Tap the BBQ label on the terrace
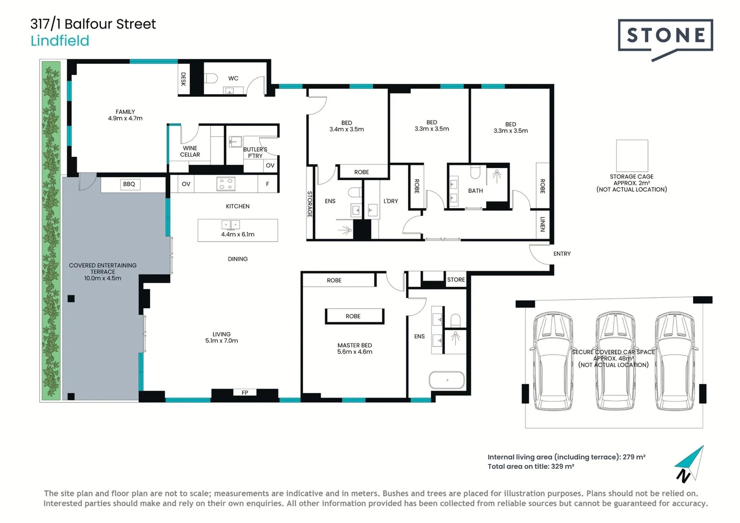click(x=129, y=184)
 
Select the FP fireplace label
click(x=245, y=393)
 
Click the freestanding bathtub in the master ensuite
click(x=447, y=380)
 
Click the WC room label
click(x=233, y=78)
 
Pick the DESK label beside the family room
click(x=183, y=79)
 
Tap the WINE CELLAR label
click(x=190, y=152)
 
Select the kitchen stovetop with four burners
click(x=226, y=184)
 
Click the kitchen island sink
click(x=230, y=225)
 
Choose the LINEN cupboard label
click(x=543, y=224)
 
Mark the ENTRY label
click(x=562, y=254)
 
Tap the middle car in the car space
click(x=615, y=361)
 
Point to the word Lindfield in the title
click(x=60, y=41)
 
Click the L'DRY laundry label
click(x=391, y=201)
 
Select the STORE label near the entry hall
click(x=456, y=280)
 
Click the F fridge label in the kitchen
click(x=268, y=184)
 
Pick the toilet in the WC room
click(x=211, y=78)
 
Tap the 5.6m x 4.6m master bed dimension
click(x=354, y=352)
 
